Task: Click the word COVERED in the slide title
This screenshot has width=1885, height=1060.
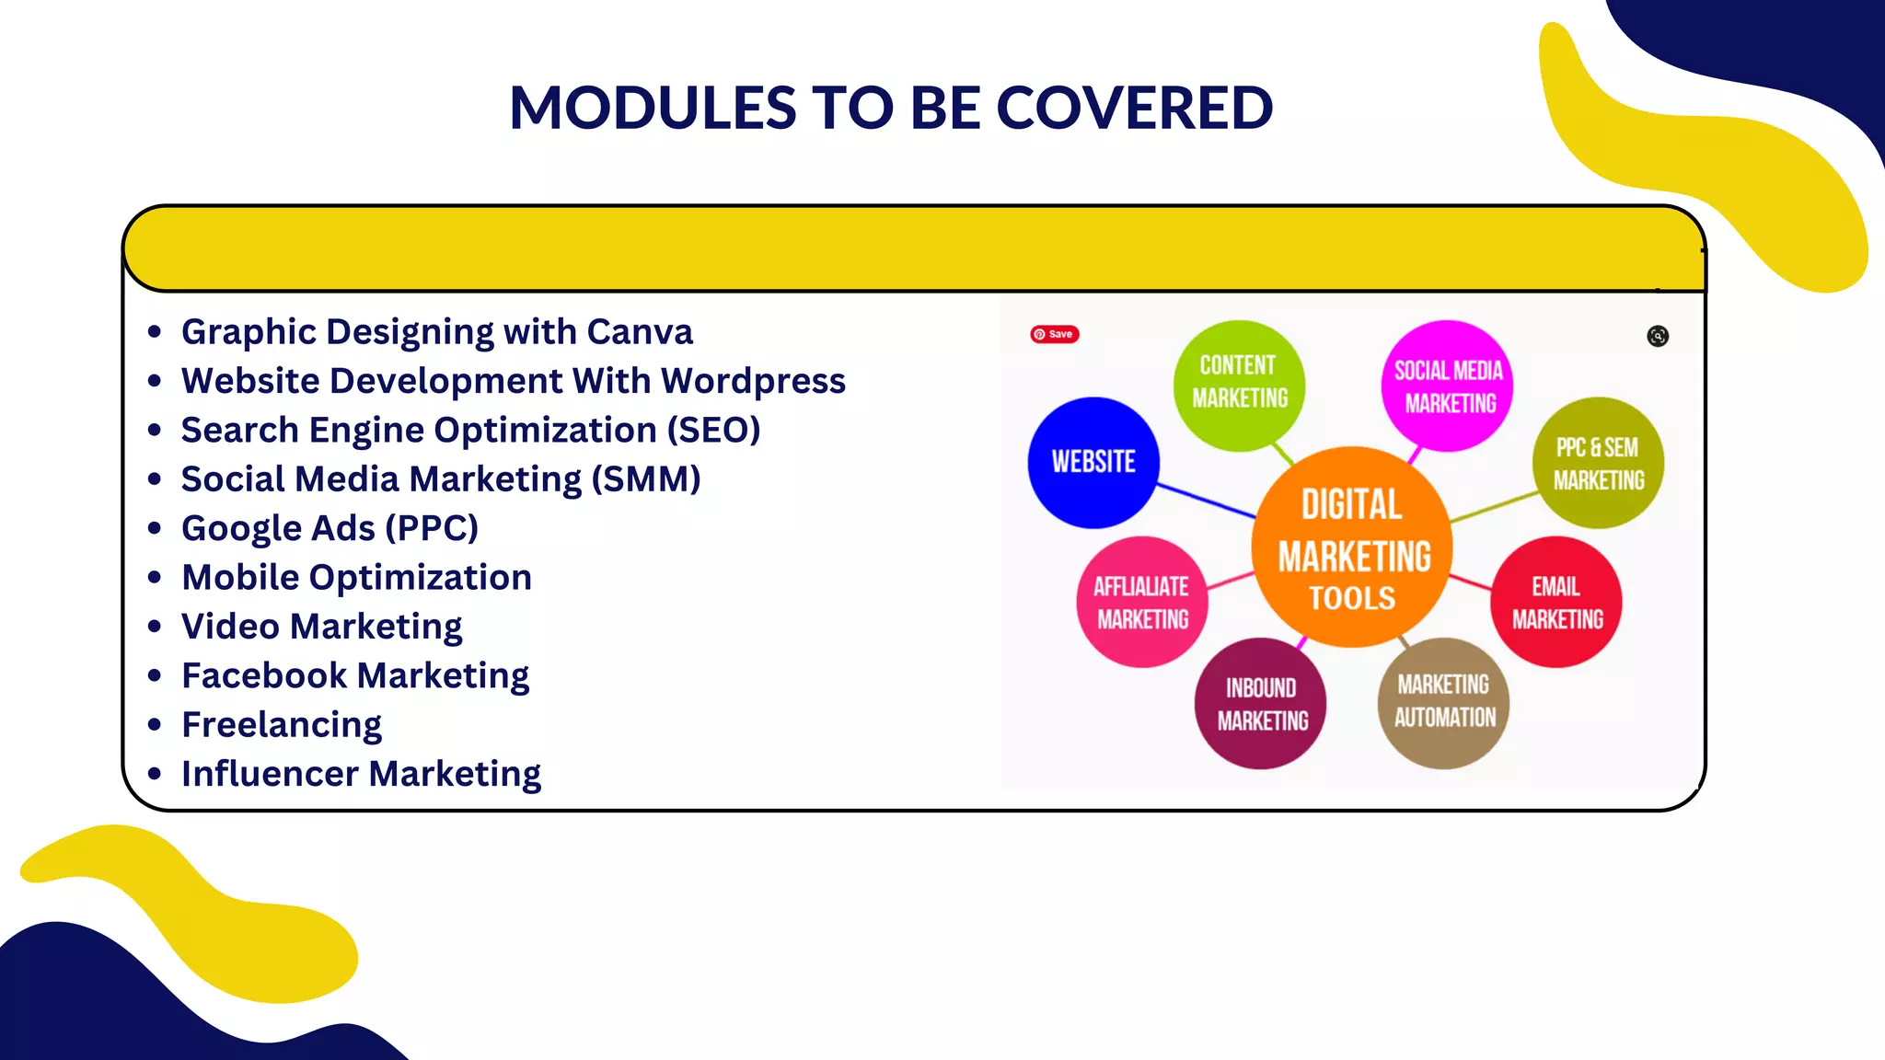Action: click(x=1134, y=108)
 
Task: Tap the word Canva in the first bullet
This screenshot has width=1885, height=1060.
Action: click(x=639, y=332)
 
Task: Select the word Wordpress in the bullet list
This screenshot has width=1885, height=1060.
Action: click(x=753, y=381)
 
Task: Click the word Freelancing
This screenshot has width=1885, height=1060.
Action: click(x=282, y=725)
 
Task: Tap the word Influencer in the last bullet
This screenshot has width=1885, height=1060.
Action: click(x=271, y=774)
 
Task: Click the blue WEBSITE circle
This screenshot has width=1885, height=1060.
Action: click(x=1093, y=462)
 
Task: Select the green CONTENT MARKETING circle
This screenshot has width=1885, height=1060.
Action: click(x=1239, y=385)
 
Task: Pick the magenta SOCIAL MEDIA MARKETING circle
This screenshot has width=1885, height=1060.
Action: click(x=1447, y=386)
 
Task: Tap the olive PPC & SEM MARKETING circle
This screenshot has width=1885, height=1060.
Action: click(x=1598, y=463)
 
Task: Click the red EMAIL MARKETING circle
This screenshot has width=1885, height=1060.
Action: click(x=1556, y=602)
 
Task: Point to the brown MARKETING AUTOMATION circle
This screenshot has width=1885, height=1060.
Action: click(x=1443, y=702)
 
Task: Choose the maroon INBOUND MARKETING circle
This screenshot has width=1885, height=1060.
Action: click(x=1261, y=704)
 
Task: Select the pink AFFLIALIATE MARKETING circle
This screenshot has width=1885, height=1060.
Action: click(x=1142, y=602)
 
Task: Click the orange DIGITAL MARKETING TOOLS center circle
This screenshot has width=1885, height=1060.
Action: click(x=1351, y=547)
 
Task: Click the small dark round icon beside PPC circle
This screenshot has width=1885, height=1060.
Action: click(x=1658, y=336)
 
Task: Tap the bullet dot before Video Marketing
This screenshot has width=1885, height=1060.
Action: click(x=155, y=627)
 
